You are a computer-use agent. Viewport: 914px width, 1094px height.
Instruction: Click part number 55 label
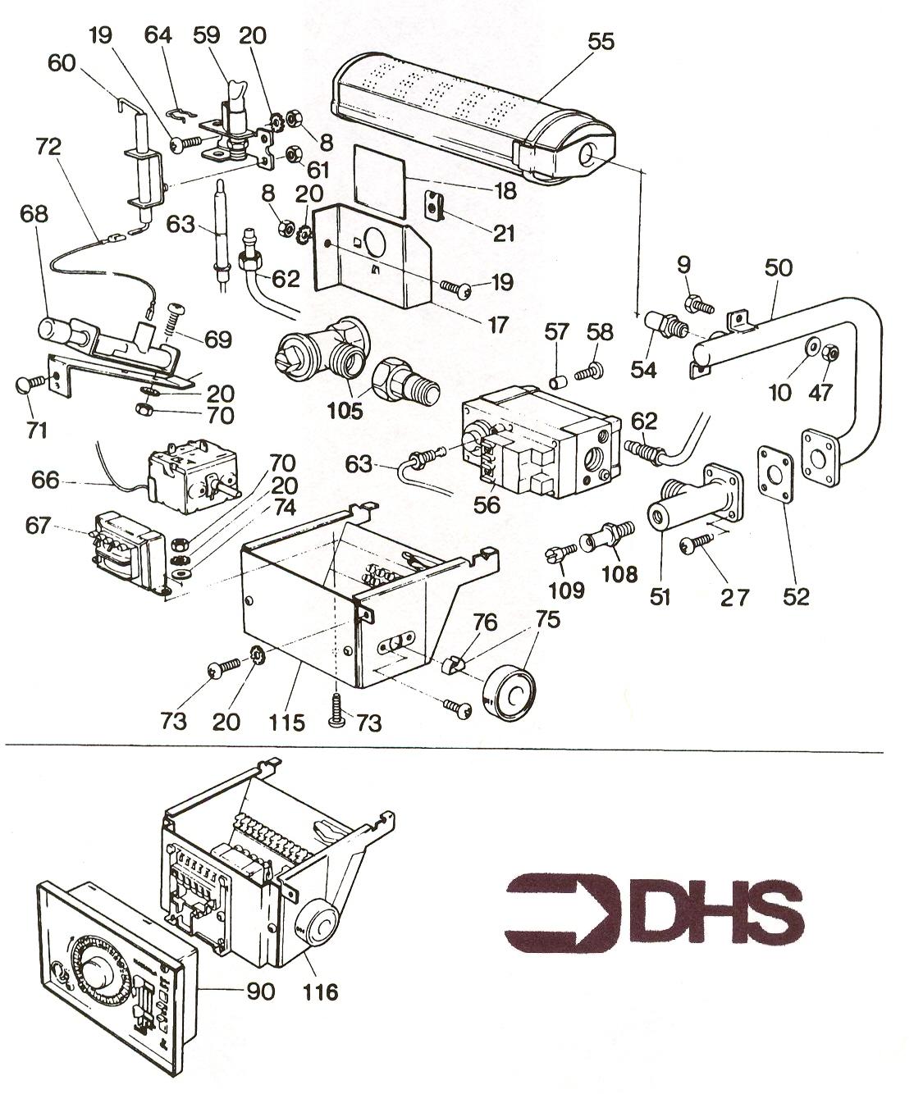pos(601,41)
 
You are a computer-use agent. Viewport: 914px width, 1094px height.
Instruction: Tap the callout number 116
pos(319,992)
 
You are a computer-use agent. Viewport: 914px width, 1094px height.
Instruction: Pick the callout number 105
pos(345,411)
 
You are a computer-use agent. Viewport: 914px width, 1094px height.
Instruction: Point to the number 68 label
pos(35,214)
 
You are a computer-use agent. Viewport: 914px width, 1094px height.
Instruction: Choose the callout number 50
pos(779,267)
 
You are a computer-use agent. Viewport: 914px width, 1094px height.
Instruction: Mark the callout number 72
pos(48,148)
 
